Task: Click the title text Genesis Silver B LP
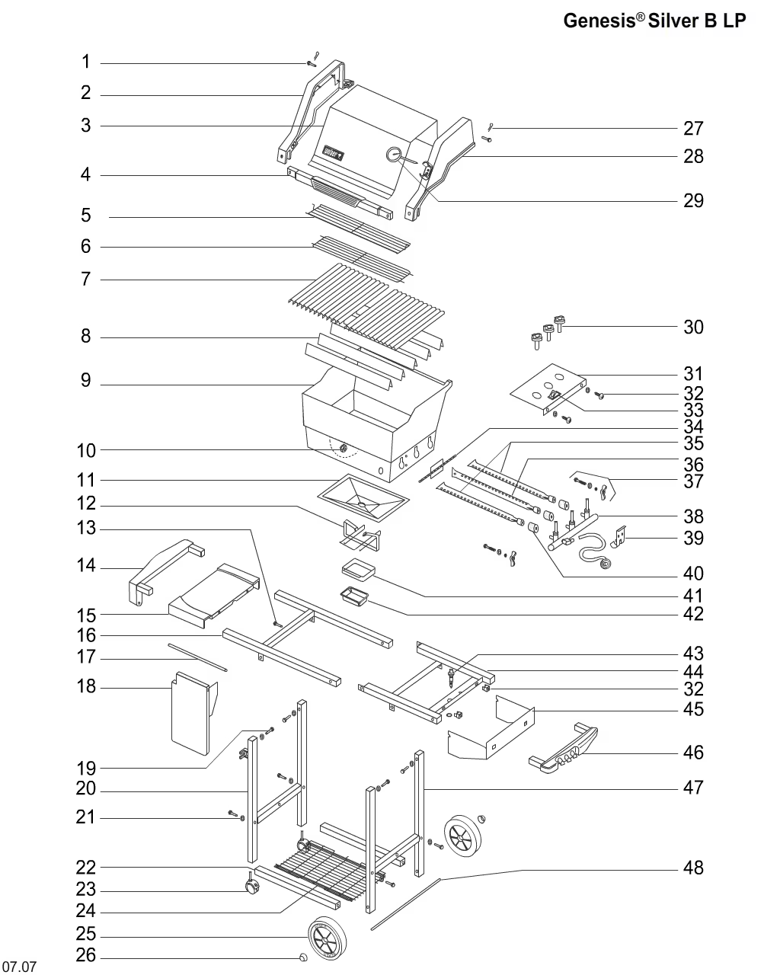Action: coord(654,21)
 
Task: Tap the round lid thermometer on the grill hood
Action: coord(394,155)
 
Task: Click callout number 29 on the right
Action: coord(693,201)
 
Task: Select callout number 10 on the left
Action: coord(86,450)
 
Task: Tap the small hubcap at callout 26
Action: coord(303,957)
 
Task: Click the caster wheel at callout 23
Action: coord(251,887)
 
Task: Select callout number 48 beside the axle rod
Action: coord(693,868)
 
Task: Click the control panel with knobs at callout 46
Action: coord(565,751)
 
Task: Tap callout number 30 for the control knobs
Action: coord(693,328)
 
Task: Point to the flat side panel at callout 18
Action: coord(190,712)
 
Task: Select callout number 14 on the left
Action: coord(86,566)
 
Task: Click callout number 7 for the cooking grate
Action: coord(86,280)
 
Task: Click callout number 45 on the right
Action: coord(693,710)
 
